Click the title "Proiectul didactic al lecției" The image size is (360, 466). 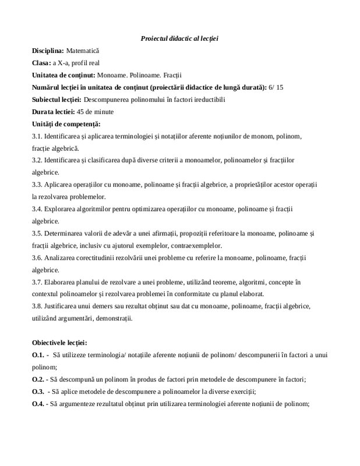(x=179, y=38)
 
